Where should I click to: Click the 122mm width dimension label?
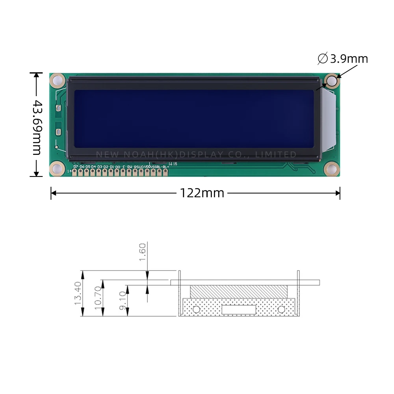click(x=202, y=193)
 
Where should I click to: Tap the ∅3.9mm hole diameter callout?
click(x=343, y=59)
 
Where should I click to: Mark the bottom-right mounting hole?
click(x=332, y=169)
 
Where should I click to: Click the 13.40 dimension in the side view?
click(x=77, y=294)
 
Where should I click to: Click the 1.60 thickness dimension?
click(x=143, y=252)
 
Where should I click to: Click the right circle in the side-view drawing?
click(x=281, y=309)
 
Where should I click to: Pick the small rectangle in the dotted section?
click(x=239, y=310)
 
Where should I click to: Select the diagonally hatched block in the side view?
click(x=239, y=292)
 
